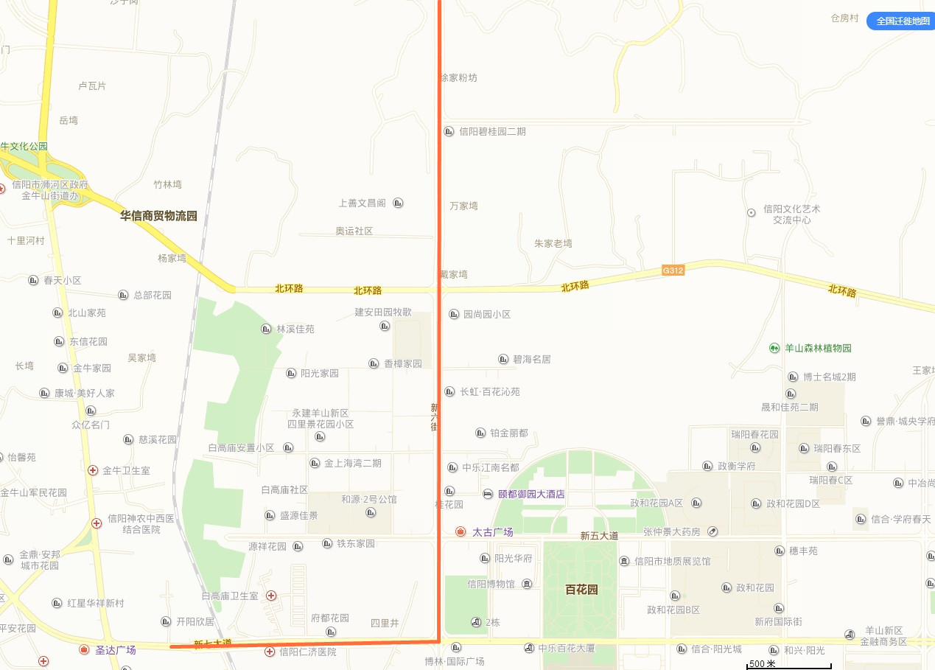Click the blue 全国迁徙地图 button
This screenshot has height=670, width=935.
[x=900, y=21]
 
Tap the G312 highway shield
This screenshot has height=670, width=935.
[x=673, y=271]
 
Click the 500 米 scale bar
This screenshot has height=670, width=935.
[x=789, y=665]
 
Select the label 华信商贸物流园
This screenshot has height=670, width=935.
[x=159, y=216]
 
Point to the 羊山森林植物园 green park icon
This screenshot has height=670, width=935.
[x=774, y=348]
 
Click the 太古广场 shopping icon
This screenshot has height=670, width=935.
[x=461, y=531]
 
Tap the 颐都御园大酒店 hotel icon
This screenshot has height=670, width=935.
[x=488, y=494]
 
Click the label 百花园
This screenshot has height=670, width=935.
[x=581, y=590]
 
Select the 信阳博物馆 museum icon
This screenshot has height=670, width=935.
[x=528, y=584]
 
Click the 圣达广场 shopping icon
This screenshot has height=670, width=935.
[x=85, y=650]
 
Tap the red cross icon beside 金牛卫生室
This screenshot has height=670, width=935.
[x=93, y=470]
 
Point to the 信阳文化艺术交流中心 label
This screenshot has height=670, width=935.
[x=791, y=214]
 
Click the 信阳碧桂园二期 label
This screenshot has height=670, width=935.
[x=492, y=131]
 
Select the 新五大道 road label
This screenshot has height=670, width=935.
[x=599, y=536]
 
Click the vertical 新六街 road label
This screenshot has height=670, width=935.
[x=435, y=417]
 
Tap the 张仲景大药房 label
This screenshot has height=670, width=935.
[x=672, y=531]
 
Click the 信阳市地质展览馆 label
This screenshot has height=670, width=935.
[x=672, y=561]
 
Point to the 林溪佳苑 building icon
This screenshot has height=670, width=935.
[x=267, y=329]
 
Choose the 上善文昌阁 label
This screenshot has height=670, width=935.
[x=362, y=203]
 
